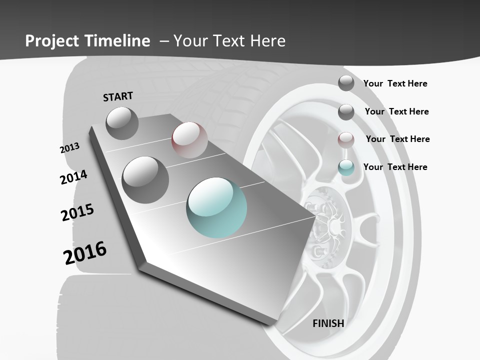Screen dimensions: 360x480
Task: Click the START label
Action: [118, 96]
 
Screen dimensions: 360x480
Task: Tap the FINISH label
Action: [328, 323]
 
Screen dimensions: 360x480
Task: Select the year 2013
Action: [69, 148]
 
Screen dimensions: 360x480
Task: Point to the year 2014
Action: [73, 177]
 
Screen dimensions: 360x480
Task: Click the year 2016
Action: [85, 253]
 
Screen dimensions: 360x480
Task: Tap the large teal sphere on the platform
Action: [216, 207]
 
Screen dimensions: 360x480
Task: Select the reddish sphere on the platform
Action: [189, 139]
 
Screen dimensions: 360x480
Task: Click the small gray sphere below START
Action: [122, 123]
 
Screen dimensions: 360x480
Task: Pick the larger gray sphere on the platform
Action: [145, 179]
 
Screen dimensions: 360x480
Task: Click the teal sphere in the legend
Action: [346, 167]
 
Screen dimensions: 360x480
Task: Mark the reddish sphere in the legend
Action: [346, 139]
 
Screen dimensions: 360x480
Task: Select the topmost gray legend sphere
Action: [346, 83]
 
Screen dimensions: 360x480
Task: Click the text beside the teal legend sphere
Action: [395, 167]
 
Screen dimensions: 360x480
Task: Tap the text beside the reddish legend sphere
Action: [397, 139]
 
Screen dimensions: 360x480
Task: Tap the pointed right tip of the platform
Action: [315, 216]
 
